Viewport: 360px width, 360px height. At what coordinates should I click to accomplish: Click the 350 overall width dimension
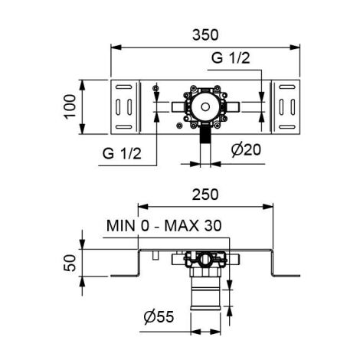[205, 34]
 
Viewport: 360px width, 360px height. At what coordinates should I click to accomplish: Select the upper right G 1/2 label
[229, 57]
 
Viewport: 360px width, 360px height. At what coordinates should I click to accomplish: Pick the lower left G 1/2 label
[121, 153]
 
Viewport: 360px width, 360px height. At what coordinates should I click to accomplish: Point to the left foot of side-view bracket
[124, 275]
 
